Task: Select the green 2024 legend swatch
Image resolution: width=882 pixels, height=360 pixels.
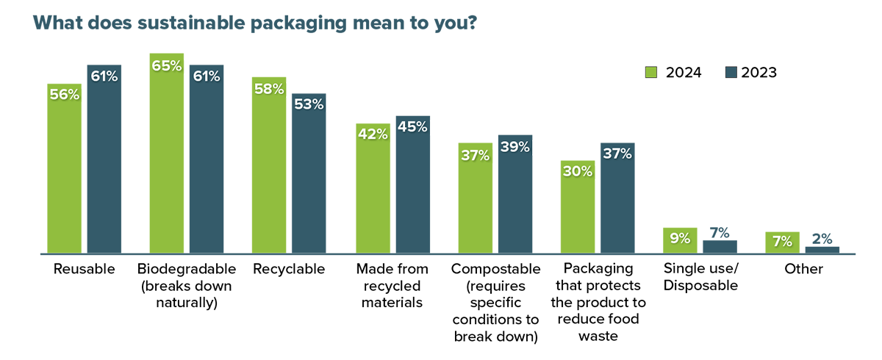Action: click(651, 72)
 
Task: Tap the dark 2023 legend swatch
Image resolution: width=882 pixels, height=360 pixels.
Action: click(731, 72)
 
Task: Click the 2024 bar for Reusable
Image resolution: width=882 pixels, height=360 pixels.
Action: click(64, 169)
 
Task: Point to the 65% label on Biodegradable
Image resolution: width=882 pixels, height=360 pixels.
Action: click(166, 65)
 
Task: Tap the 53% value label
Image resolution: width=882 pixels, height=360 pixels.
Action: click(309, 104)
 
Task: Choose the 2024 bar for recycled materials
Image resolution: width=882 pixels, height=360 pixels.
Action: click(373, 191)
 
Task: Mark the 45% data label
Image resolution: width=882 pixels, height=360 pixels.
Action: click(412, 127)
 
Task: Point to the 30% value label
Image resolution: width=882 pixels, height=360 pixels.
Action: click(578, 171)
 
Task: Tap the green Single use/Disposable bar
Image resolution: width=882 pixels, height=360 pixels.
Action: click(680, 242)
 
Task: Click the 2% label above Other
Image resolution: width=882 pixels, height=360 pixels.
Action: click(822, 238)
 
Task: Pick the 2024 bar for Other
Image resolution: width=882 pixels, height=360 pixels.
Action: click(783, 243)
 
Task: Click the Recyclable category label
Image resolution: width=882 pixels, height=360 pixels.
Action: click(289, 269)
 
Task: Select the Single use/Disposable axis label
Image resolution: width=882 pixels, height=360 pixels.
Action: click(700, 277)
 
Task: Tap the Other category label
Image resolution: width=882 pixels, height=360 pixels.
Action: click(803, 269)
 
